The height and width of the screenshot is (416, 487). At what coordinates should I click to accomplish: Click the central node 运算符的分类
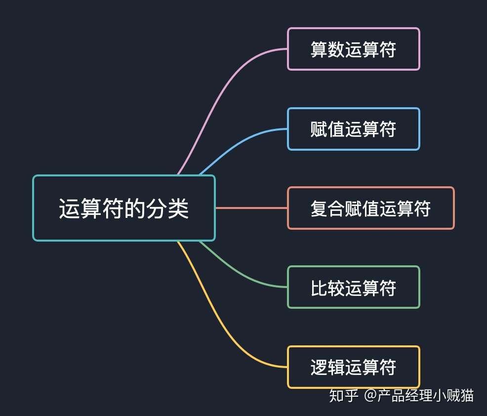124,208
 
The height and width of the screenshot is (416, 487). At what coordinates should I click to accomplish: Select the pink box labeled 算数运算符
353,49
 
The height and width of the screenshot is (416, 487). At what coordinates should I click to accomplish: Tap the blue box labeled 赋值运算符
353,129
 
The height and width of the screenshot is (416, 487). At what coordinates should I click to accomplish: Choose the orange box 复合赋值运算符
370,208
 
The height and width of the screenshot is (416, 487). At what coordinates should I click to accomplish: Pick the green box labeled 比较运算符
353,287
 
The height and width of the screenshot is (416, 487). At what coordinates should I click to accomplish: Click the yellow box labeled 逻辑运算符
353,367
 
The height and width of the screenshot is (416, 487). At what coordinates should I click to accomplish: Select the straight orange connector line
251,208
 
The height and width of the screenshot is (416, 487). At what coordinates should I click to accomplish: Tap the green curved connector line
237,274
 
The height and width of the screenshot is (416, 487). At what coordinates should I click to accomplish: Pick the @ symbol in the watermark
370,396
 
